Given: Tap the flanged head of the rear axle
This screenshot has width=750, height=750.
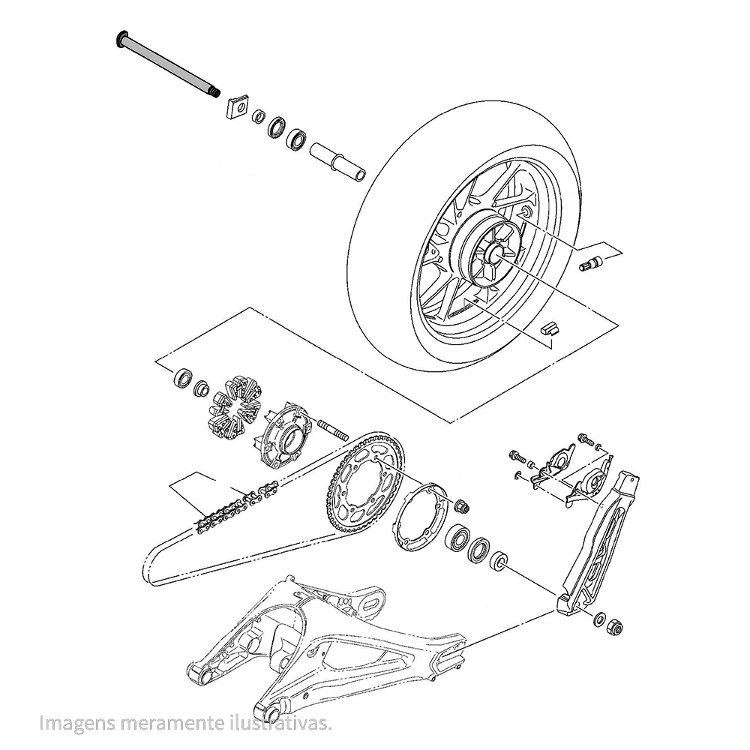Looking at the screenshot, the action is coord(121,39).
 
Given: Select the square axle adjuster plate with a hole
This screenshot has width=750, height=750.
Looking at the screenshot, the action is coord(237,107).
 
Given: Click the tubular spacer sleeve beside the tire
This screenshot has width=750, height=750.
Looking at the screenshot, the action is coord(337,162).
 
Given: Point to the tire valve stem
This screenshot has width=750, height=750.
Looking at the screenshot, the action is coord(590,263).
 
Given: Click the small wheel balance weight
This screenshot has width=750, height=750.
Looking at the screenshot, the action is coord(550,327).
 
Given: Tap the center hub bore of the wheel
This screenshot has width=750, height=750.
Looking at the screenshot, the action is coord(492,255).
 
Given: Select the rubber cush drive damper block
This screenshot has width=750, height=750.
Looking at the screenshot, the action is coord(235,406).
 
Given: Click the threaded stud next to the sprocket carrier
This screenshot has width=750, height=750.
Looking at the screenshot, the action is coord(331,430).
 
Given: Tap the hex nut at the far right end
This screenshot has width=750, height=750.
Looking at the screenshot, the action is coord(616,625).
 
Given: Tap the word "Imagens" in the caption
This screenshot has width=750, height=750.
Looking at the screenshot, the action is coord(77,724).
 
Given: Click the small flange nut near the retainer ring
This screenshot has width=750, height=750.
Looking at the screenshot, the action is coord(463,505).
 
